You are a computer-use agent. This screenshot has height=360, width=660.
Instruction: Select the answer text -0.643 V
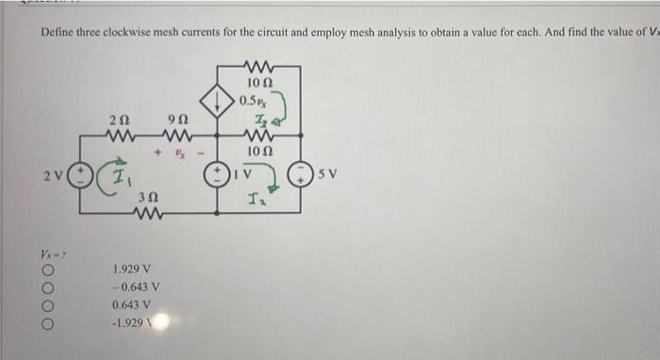[x=135, y=287]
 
